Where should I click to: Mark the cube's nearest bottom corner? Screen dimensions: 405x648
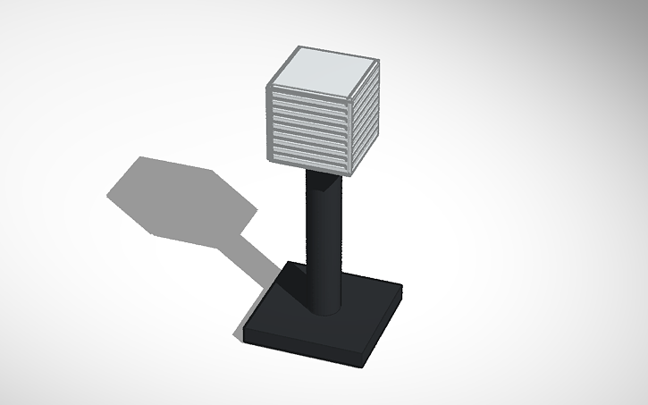click(x=351, y=175)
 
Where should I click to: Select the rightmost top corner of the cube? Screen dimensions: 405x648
click(x=379, y=60)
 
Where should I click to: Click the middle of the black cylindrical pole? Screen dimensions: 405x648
click(x=324, y=241)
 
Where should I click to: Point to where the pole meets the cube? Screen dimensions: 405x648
click(x=323, y=174)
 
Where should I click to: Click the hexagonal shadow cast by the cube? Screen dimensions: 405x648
click(x=179, y=197)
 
